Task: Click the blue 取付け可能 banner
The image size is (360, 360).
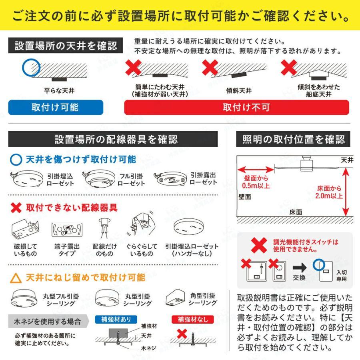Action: (56, 107)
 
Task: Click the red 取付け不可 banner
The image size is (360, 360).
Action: (237, 107)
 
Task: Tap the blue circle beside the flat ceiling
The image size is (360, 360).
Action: (31, 68)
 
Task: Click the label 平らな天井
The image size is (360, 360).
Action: (59, 91)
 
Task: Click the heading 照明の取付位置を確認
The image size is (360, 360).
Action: (293, 139)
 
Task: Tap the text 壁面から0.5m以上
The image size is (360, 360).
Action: (256, 182)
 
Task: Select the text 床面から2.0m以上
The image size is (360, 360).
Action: (329, 192)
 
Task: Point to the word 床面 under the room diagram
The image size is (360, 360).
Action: (296, 212)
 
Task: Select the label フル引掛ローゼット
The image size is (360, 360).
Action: (132, 180)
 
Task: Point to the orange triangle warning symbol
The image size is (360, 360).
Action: (16, 278)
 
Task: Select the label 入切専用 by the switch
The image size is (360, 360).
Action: (341, 276)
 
